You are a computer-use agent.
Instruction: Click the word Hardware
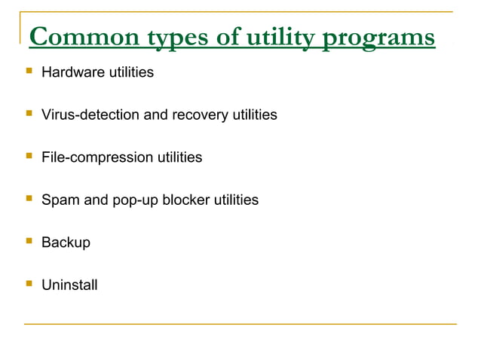pos(71,72)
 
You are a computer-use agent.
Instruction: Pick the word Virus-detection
pos(90,115)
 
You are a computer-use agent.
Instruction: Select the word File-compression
pos(96,157)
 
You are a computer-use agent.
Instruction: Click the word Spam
pos(58,200)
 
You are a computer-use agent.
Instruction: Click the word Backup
pos(66,243)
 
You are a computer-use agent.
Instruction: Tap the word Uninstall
pos(69,285)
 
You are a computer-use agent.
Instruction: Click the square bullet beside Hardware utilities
pos(29,72)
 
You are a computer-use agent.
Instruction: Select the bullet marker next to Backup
pos(29,242)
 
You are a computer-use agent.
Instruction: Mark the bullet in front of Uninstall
pos(29,284)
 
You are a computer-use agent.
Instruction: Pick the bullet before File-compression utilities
pos(29,157)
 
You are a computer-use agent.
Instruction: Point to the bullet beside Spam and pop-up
pos(29,199)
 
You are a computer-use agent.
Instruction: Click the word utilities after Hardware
pos(129,72)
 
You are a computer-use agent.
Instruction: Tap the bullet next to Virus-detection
pos(29,114)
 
